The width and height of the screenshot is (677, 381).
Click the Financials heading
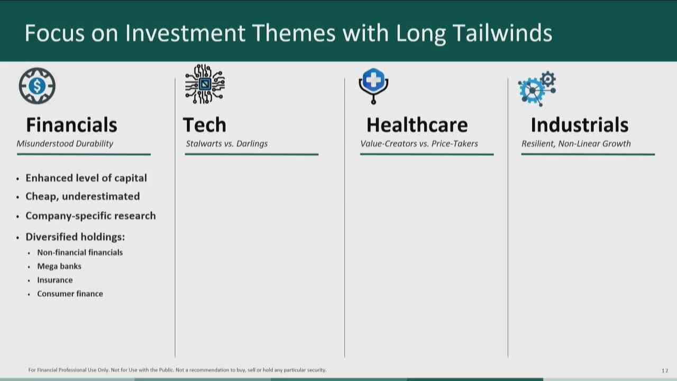71,124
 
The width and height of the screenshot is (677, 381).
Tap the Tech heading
205,124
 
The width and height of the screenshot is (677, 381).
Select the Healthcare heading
417,124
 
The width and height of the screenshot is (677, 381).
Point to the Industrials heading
580,124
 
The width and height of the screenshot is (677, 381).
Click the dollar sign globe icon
37,86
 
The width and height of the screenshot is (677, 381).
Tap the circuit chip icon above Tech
205,84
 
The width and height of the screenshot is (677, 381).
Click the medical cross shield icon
373,86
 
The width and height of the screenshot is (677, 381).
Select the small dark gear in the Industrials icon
548,79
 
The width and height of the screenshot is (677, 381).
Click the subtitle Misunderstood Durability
65,143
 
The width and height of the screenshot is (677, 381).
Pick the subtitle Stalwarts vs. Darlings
227,143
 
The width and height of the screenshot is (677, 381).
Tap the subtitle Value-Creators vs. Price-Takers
419,143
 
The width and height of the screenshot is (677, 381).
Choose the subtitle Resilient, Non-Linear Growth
576,143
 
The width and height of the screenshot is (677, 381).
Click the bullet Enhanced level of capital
86,178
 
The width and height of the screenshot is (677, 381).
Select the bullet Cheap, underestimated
83,196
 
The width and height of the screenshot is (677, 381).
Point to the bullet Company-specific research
90,216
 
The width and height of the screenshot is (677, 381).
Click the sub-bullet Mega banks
59,266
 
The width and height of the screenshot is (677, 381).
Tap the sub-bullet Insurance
54,280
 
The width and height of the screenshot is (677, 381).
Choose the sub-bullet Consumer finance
70,294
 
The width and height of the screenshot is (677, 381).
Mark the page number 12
665,370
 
